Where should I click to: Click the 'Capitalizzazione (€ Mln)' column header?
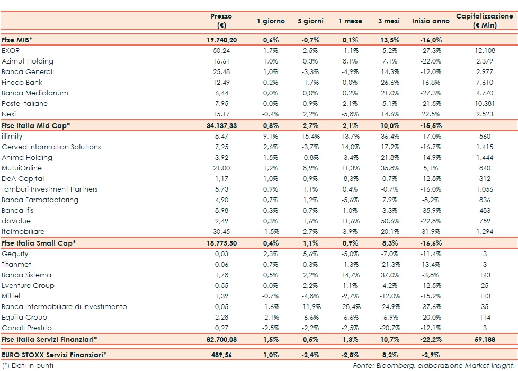[x=484, y=21]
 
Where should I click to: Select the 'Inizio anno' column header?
[x=430, y=21]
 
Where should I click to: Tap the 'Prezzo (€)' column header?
[x=221, y=21]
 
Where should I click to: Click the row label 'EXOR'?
[x=11, y=50]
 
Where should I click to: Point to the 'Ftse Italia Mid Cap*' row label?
[x=35, y=125]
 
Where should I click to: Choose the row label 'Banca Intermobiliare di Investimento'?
[x=64, y=306]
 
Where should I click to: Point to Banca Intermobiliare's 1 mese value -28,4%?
[x=350, y=306]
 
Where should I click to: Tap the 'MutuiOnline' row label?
[x=21, y=168]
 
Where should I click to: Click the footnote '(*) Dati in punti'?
[x=28, y=365]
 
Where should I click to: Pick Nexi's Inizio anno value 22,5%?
[x=430, y=114]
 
